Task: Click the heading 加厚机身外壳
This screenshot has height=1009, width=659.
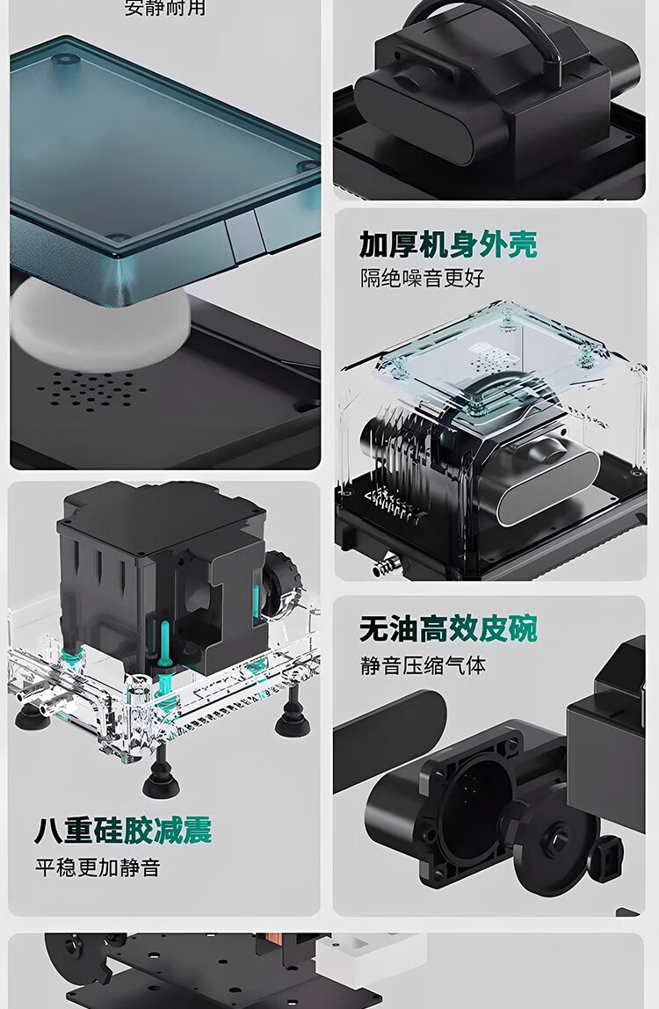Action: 448,244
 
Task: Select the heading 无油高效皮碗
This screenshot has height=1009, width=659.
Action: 448,629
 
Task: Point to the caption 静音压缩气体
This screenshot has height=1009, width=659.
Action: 423,665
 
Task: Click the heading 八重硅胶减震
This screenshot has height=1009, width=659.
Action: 123,831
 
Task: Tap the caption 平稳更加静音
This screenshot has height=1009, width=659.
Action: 98,868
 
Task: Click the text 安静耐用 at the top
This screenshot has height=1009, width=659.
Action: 165,9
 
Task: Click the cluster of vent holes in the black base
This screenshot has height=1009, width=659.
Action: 92,390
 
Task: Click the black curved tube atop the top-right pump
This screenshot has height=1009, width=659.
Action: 492,22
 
